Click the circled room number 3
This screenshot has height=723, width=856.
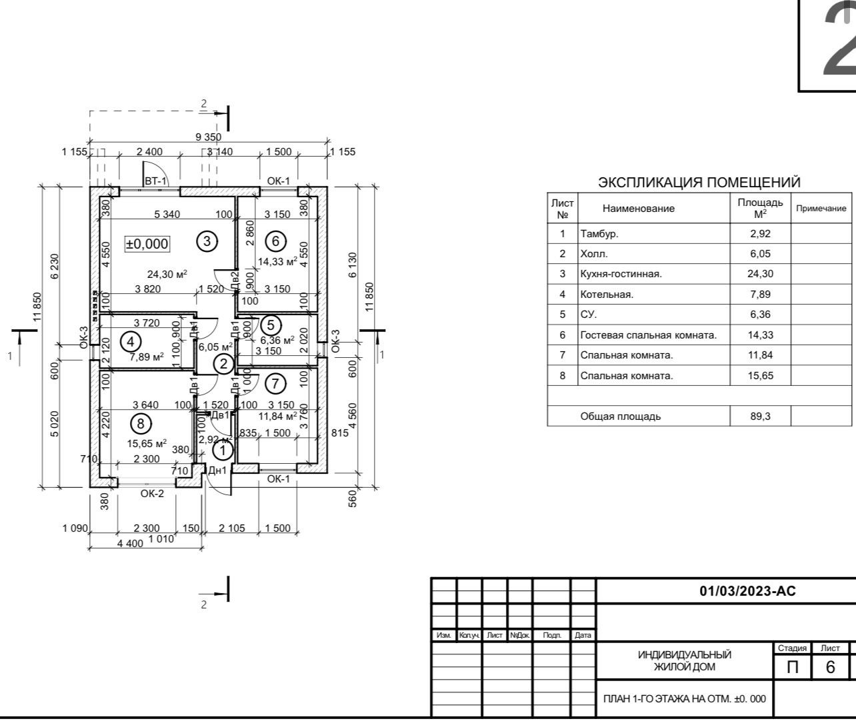(x=207, y=241)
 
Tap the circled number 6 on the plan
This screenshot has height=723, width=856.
(x=275, y=241)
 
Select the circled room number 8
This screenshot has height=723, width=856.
(x=141, y=423)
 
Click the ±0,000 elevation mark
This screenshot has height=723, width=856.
(x=147, y=244)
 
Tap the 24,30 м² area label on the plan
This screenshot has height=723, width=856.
(x=167, y=274)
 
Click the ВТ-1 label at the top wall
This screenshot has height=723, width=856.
(x=156, y=181)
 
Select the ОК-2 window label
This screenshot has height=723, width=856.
(x=152, y=493)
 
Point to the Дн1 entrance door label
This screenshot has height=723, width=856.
(x=217, y=470)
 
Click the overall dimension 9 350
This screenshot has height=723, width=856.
(x=208, y=137)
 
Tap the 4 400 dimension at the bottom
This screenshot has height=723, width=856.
(x=130, y=543)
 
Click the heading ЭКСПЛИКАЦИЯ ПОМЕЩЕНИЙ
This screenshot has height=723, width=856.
(x=699, y=183)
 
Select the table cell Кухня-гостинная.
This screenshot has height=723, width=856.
(x=621, y=274)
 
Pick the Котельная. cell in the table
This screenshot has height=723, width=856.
(x=607, y=294)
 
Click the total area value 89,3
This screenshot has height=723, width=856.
(x=760, y=416)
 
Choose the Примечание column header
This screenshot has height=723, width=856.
(x=821, y=209)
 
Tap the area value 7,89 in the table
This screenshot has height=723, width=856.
(x=760, y=294)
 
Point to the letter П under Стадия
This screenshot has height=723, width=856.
(x=793, y=666)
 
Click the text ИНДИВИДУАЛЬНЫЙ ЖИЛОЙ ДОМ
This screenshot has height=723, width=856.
(x=685, y=661)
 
